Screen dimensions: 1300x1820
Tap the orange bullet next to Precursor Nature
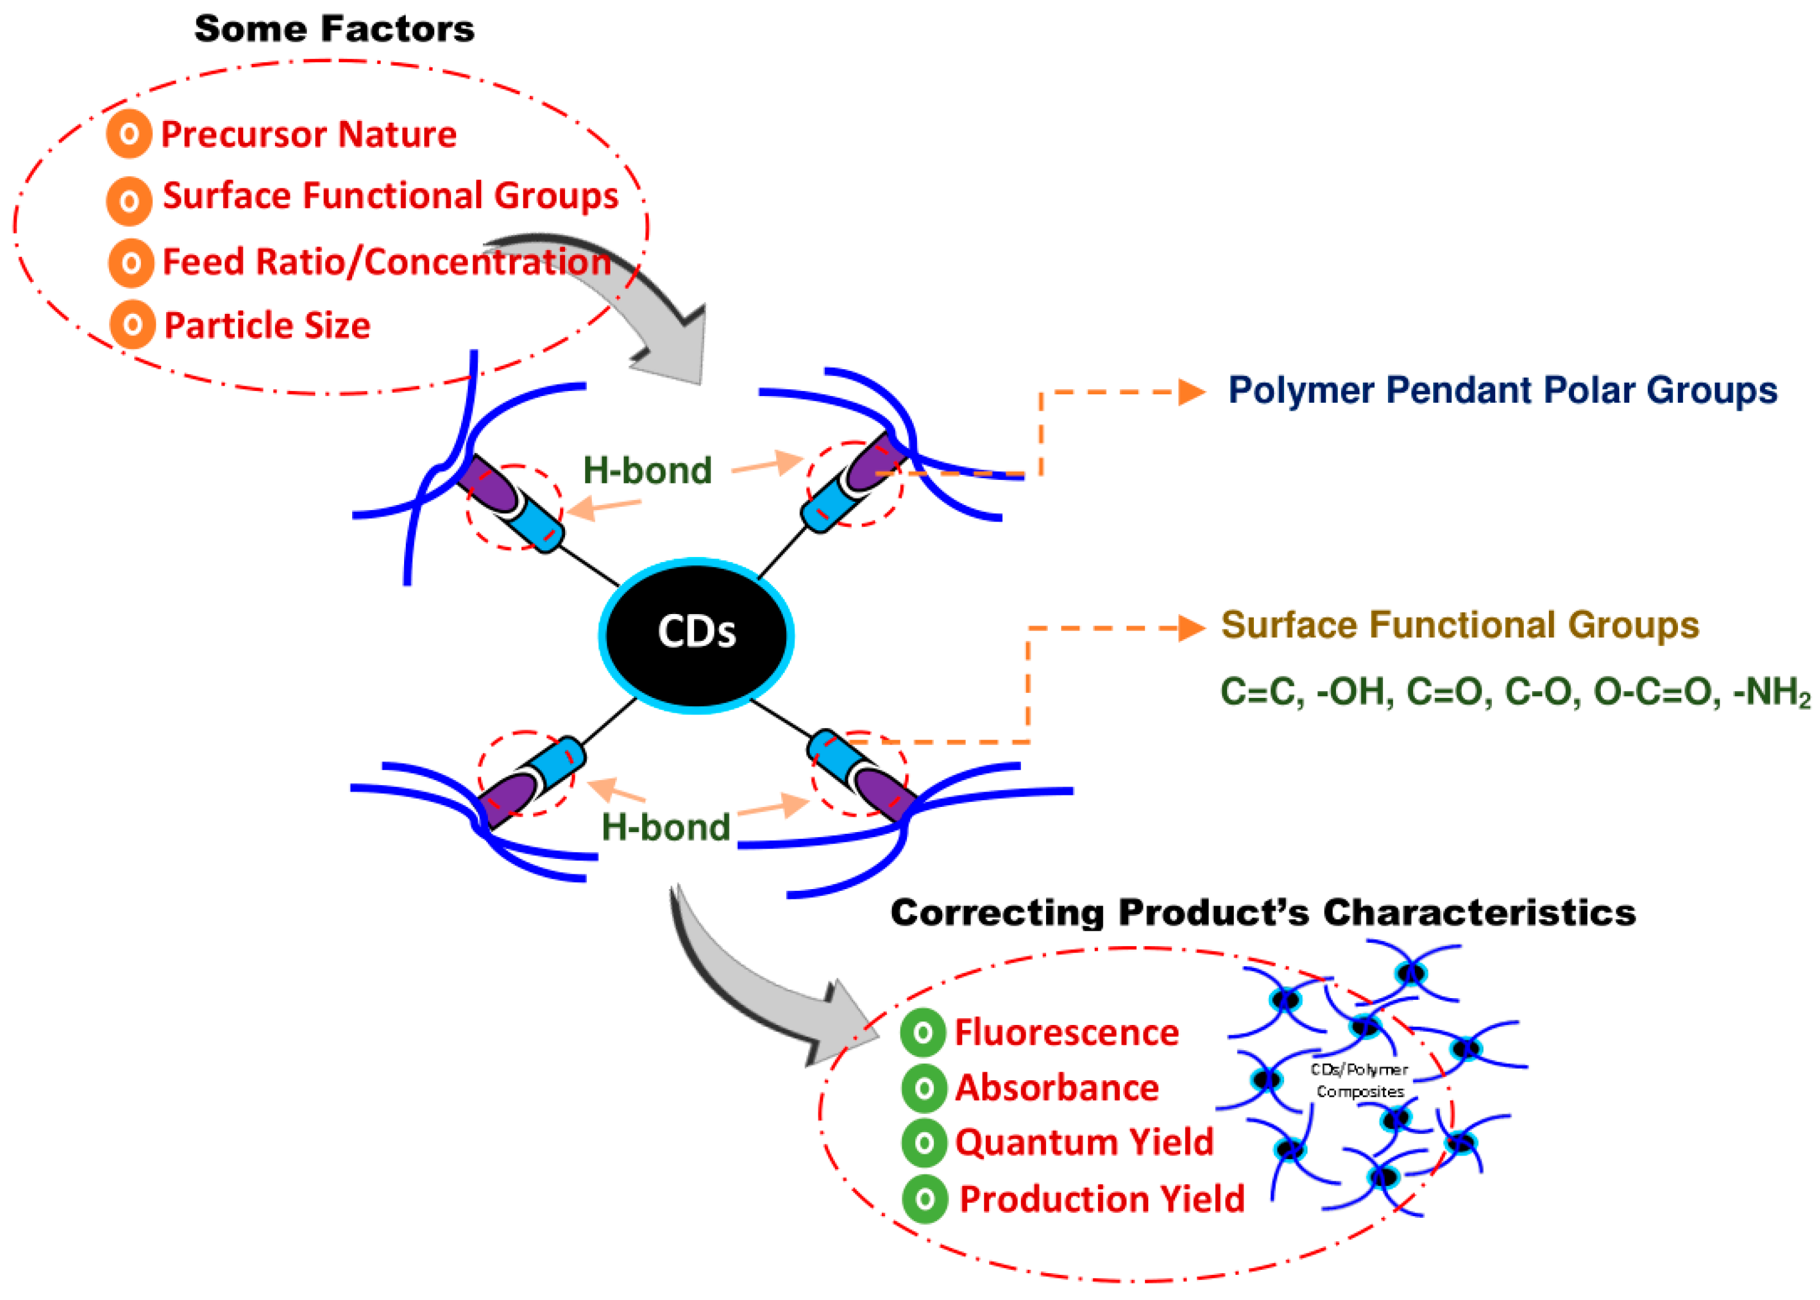[x=129, y=134]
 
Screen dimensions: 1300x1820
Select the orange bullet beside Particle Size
[x=132, y=324]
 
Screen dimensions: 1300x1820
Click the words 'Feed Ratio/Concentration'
[x=386, y=262]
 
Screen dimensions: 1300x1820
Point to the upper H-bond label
[x=647, y=470]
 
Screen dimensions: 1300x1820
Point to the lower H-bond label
[x=665, y=827]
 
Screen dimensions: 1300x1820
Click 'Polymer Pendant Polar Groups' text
[x=1502, y=391]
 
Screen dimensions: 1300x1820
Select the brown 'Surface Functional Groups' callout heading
[x=1459, y=625]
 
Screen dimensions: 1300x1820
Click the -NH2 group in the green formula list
[x=1770, y=692]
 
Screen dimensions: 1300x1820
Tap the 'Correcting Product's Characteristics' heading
[x=1262, y=913]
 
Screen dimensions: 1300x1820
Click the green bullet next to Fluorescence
[x=923, y=1032]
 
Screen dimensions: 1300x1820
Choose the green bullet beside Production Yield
[x=925, y=1199]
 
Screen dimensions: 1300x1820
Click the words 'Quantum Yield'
[x=1084, y=1142]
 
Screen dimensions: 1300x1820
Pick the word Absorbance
[x=1056, y=1088]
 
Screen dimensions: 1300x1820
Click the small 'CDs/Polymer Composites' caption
[x=1359, y=1081]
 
